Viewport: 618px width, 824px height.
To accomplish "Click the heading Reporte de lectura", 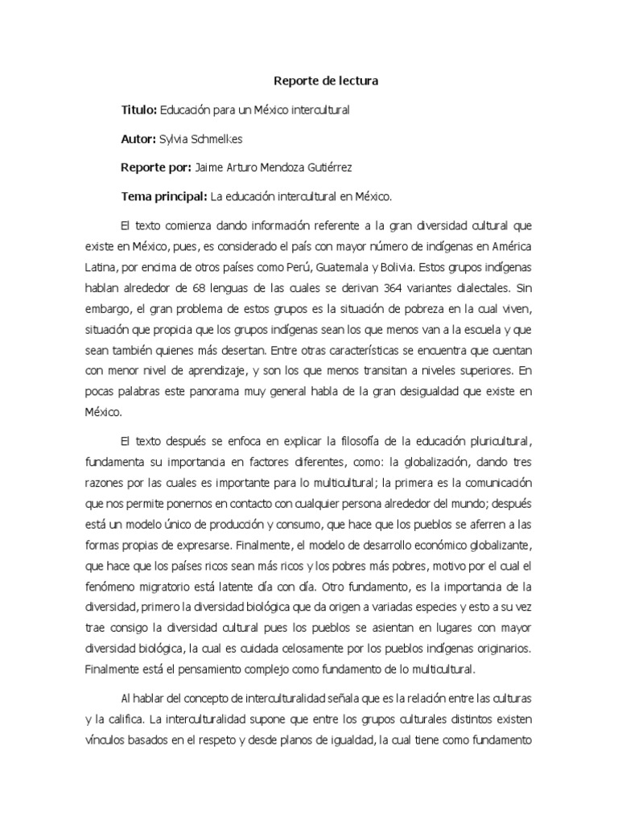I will tap(326, 81).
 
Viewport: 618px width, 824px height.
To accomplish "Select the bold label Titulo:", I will tap(139, 109).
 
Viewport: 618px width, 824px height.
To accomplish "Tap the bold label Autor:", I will tap(138, 138).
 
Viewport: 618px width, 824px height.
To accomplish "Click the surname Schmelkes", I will tap(216, 138).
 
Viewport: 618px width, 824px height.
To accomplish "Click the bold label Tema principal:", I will tap(163, 196).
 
